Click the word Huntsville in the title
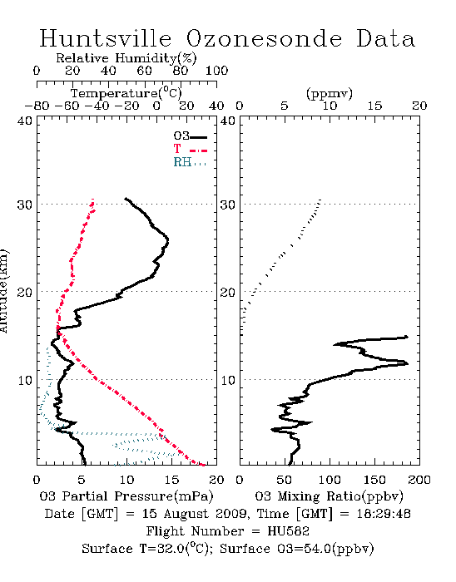[x=106, y=38]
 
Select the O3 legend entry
[x=190, y=136]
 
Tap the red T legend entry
[x=190, y=149]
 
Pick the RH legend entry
[x=190, y=162]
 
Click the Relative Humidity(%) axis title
[x=126, y=58]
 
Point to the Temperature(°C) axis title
[x=126, y=93]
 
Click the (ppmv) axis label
[x=330, y=93]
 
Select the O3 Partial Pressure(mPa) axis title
[x=126, y=496]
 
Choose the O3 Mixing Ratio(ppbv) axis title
[x=329, y=496]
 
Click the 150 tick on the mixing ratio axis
[x=374, y=480]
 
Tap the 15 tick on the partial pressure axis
[x=171, y=480]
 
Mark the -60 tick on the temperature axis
[x=67, y=106]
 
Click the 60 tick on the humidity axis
[x=144, y=71]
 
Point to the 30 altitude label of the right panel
[x=228, y=205]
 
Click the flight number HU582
[x=288, y=531]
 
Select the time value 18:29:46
[x=384, y=514]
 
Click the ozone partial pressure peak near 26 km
[x=167, y=241]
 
